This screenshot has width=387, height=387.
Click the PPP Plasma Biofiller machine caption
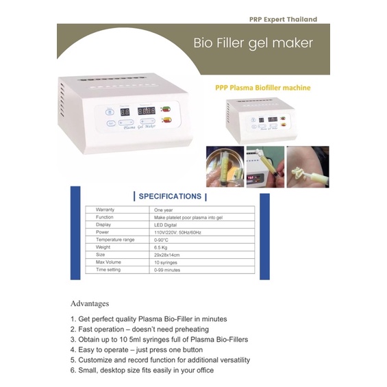(262, 88)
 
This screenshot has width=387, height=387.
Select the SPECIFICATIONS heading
(170, 196)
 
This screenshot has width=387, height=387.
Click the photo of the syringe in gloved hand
(224, 166)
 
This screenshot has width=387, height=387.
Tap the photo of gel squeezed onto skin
(308, 166)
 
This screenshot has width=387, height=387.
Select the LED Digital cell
(166, 225)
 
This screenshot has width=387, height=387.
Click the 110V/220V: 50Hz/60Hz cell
(178, 232)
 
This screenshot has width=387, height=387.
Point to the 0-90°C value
(162, 240)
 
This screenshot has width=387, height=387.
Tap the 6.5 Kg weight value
(162, 247)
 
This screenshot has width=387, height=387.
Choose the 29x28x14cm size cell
(167, 255)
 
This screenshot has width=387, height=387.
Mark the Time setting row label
(108, 270)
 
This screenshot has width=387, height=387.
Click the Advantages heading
(90, 303)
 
